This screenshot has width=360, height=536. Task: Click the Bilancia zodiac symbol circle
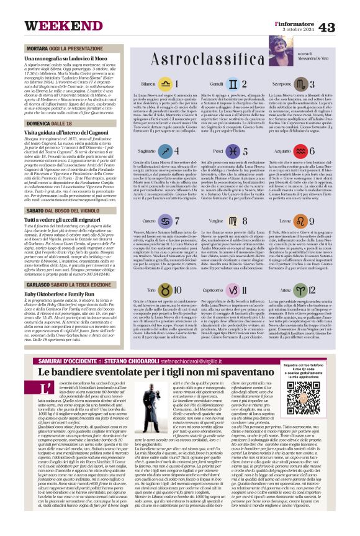[x=164, y=83]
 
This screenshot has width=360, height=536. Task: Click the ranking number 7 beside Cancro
[x=178, y=220]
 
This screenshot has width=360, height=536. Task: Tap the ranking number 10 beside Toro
[x=178, y=290]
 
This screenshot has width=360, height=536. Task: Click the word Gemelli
[x=199, y=83]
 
